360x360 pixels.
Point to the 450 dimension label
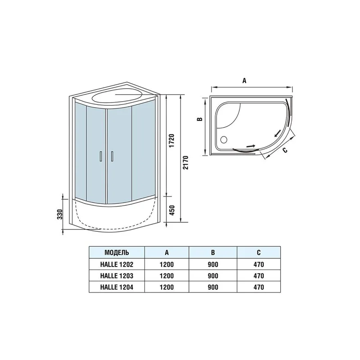point(171,210)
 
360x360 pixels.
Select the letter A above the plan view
point(244,81)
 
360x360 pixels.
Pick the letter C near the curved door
point(284,150)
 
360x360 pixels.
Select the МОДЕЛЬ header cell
point(117,252)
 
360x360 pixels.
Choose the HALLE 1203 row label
point(117,275)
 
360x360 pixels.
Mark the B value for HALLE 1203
point(213,275)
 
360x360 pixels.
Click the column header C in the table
point(258,252)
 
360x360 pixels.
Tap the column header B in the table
point(213,252)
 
